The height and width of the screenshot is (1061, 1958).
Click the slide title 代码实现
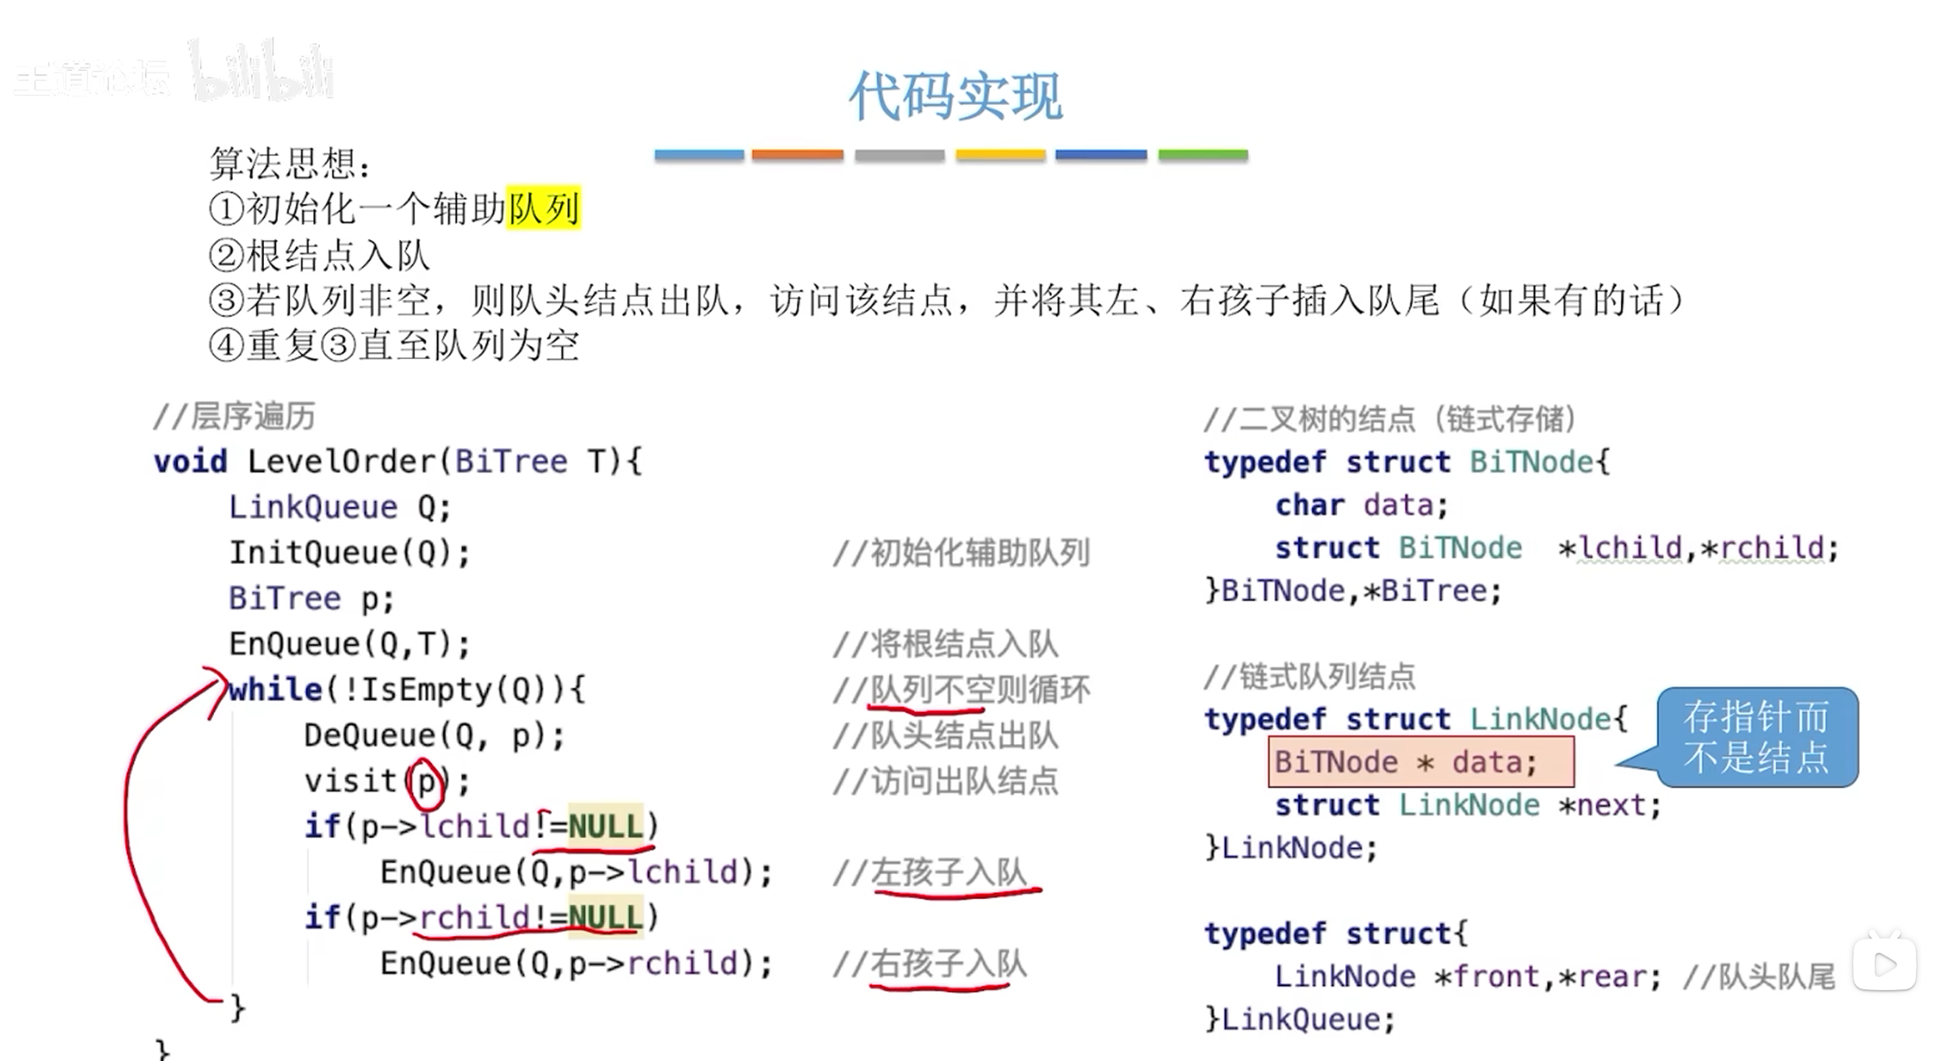[x=955, y=97]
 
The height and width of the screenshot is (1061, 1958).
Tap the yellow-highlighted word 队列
[x=544, y=209]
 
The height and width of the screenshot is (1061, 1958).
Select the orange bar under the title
[x=797, y=155]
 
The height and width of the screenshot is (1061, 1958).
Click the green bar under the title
[x=1203, y=155]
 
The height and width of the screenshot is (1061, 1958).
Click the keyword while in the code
[x=275, y=689]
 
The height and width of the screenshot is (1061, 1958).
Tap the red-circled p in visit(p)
[x=427, y=781]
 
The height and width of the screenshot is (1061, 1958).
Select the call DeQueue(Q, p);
[x=434, y=735]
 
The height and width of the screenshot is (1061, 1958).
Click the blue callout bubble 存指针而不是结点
[x=1756, y=737]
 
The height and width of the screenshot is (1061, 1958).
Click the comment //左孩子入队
[x=930, y=872]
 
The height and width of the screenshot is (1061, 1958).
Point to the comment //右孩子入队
[x=930, y=964]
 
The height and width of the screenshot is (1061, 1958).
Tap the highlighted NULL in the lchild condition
[x=605, y=826]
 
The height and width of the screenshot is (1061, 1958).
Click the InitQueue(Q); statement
[x=349, y=553]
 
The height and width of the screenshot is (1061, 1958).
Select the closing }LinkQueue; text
[x=1299, y=1019]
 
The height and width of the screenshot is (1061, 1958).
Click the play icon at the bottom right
[x=1884, y=964]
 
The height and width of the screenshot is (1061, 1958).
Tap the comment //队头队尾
[x=1758, y=977]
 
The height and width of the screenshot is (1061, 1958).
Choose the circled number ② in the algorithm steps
[x=227, y=256]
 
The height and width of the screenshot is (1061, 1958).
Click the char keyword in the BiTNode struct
[x=1309, y=505]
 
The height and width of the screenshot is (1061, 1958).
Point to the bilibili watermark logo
[x=262, y=73]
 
